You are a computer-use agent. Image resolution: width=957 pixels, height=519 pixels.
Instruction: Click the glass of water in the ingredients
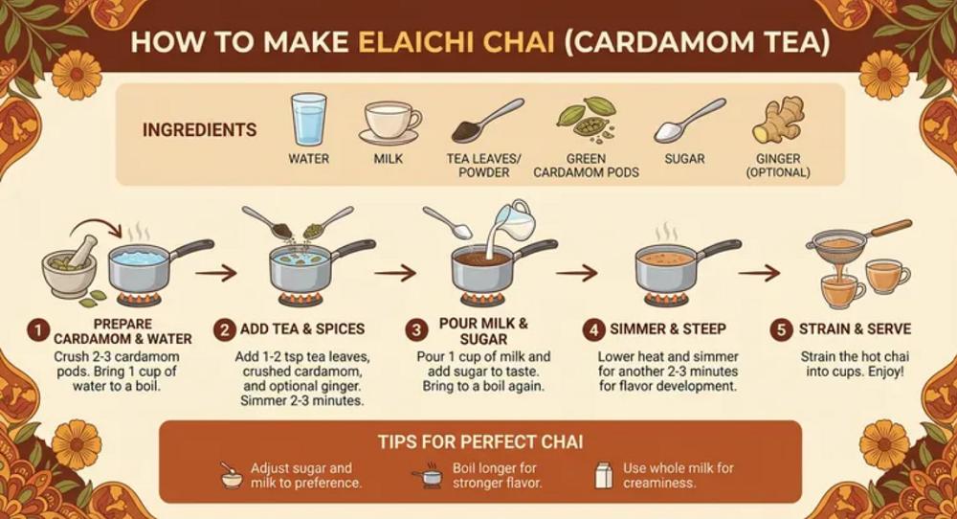307,119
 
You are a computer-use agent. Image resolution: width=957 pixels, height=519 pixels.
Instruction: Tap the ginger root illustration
778,120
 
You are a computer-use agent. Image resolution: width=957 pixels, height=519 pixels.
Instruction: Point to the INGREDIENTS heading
200,130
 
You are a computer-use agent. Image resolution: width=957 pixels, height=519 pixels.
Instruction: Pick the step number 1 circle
38,331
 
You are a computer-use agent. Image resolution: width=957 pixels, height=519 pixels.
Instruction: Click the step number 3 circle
416,330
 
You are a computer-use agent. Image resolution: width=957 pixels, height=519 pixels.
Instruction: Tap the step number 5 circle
781,329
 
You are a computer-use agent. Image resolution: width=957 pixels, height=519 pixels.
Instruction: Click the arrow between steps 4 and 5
759,272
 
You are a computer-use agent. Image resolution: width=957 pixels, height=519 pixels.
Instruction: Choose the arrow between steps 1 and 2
216,272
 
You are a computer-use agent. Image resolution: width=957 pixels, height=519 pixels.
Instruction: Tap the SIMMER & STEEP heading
668,329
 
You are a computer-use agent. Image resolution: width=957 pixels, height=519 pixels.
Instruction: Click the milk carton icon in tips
603,475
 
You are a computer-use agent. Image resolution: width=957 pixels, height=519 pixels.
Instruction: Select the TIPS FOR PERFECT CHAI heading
480,441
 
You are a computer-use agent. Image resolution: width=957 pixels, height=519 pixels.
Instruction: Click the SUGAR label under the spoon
685,159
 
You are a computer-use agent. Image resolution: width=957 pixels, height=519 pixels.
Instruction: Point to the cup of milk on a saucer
389,123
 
